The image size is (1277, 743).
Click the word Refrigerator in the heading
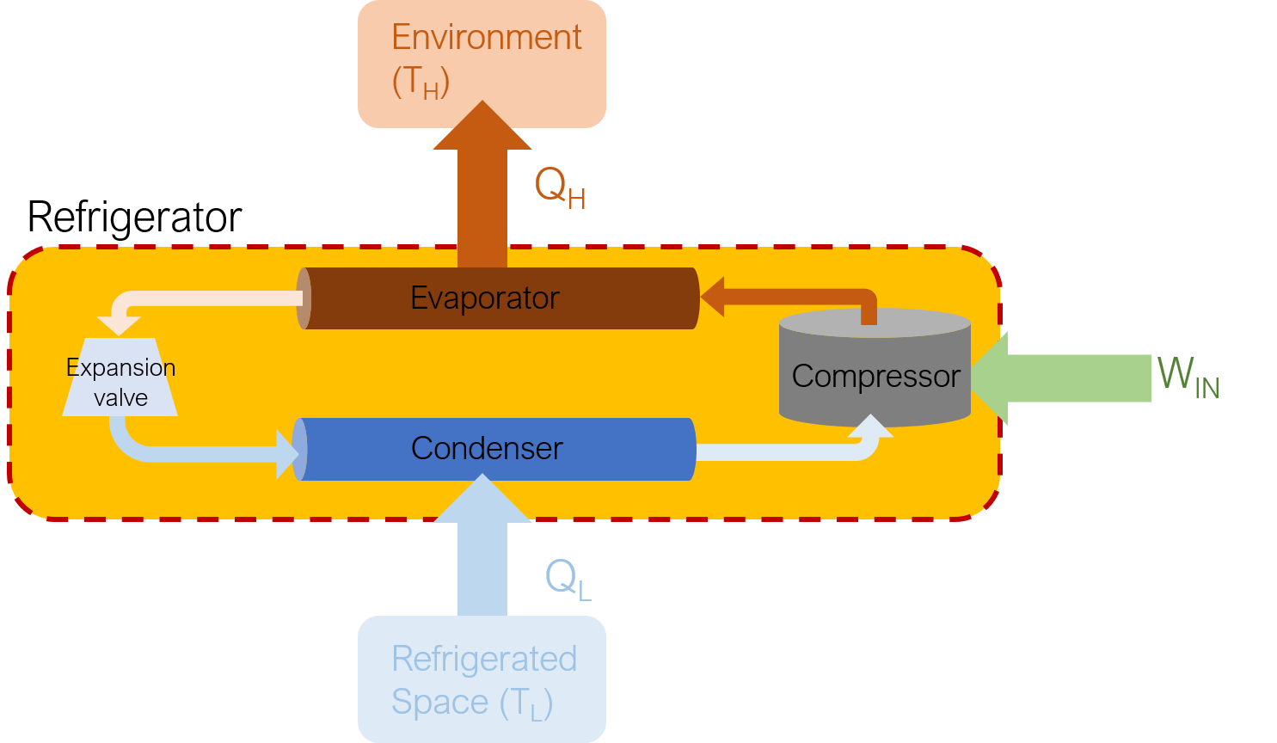(x=134, y=218)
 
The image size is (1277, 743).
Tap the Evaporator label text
(x=485, y=298)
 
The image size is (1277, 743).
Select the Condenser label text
(x=487, y=448)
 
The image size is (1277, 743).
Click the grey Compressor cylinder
(x=875, y=368)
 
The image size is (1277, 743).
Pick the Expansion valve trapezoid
(x=120, y=377)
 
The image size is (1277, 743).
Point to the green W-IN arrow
(x=1060, y=378)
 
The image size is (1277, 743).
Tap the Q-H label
(x=560, y=188)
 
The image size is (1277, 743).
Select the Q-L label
(x=568, y=578)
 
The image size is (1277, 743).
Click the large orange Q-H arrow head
(x=482, y=126)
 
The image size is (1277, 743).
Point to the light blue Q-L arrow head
(x=482, y=499)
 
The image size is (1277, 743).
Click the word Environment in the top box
(x=486, y=38)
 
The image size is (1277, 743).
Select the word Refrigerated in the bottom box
(x=484, y=659)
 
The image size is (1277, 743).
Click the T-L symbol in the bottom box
(x=526, y=703)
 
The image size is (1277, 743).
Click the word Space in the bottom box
(x=439, y=703)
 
